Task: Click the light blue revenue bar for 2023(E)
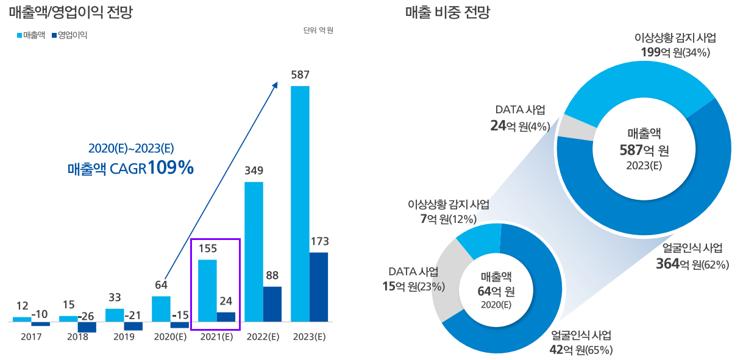pos(300,203)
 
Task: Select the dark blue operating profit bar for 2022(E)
pos(272,304)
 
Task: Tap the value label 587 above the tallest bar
pos(300,75)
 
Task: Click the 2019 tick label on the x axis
pos(124,337)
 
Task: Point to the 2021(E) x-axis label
pos(216,337)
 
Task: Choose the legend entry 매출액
pos(31,35)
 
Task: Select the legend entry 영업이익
pos(71,35)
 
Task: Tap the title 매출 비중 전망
pos(447,12)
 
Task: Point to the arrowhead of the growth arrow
pos(275,85)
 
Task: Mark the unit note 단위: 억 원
pos(318,30)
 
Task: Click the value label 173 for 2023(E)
pos(319,242)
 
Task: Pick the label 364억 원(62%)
pos(692,264)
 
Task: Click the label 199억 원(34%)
pos(675,52)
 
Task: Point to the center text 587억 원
pos(644,150)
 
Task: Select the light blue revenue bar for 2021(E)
pos(207,290)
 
